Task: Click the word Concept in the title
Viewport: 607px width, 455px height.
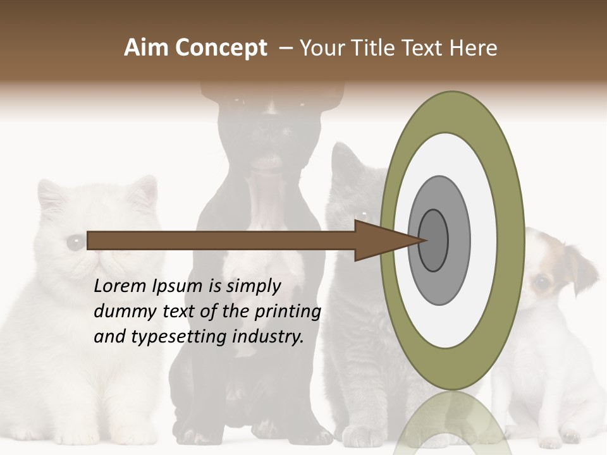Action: point(221,48)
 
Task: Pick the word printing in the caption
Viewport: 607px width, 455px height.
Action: point(287,312)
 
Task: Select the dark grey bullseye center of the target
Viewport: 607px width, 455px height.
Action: point(433,240)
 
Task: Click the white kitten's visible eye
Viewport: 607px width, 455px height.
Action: point(75,241)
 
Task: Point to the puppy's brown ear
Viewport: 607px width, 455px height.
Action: point(580,269)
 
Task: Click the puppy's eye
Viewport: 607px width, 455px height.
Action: point(541,282)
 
